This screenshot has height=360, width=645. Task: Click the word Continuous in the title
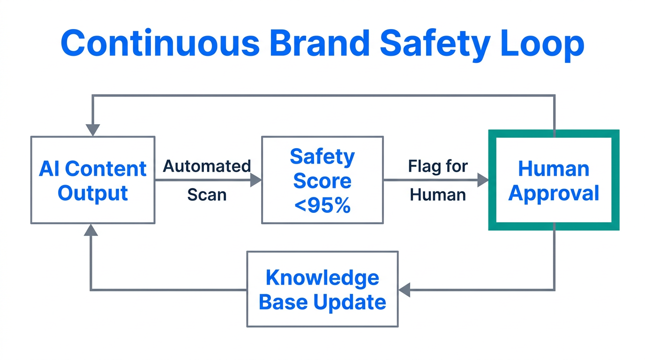pos(160,43)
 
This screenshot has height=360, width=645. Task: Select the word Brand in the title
pos(318,43)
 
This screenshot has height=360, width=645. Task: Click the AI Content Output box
pos(93,180)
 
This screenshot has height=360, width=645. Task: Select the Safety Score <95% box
pos(322,180)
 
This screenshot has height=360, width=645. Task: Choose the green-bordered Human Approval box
pos(554,180)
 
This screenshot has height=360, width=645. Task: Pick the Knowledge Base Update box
pos(322,289)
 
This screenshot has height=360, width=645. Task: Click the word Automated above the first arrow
pos(207,166)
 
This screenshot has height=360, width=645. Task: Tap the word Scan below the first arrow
pos(207,194)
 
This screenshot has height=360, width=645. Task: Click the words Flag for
pos(438,166)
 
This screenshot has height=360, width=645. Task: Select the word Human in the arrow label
pos(438,194)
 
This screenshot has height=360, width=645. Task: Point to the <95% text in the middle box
pos(322,205)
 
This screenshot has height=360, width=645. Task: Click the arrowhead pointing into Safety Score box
pos(256,180)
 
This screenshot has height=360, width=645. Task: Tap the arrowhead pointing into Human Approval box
pos(483,180)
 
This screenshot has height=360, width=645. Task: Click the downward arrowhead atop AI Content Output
pos(93,130)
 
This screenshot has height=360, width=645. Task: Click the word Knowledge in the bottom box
pos(322,277)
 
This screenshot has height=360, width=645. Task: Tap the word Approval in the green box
pos(554,193)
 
